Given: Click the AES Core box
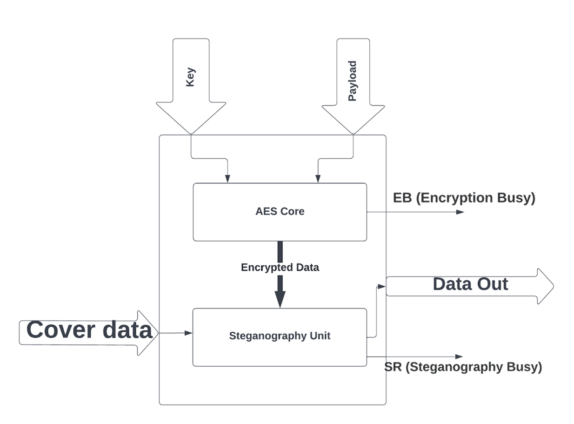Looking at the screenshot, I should (x=280, y=212).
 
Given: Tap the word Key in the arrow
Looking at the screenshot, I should (x=190, y=77).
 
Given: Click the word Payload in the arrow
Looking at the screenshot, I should (x=353, y=81).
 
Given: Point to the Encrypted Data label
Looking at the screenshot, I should (x=280, y=268).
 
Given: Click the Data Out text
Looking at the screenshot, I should (x=470, y=284).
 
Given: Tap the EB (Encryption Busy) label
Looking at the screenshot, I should (x=464, y=198).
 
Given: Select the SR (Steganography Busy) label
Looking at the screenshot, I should (x=463, y=367).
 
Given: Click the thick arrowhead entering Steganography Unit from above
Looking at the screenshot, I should (x=280, y=300).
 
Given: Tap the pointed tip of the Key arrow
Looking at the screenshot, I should (x=191, y=133).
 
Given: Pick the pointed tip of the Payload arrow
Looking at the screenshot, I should (x=353, y=133).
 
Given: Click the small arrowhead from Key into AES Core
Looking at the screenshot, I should (x=227, y=179).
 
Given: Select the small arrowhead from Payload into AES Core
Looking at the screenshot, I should (x=318, y=179).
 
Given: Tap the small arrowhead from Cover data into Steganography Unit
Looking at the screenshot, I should (x=188, y=333).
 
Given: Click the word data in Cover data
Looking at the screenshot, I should (x=127, y=330).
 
